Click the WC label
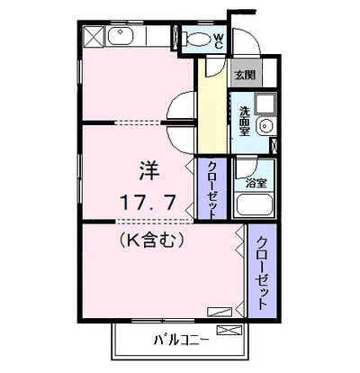coord(219,40)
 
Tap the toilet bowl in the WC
coord(195,40)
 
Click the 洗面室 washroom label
coord(244,120)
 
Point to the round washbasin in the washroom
coord(265,126)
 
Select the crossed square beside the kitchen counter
coord(94,37)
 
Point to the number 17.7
coord(150,201)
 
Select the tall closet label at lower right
coord(260,273)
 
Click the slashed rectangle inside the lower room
coord(219,312)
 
